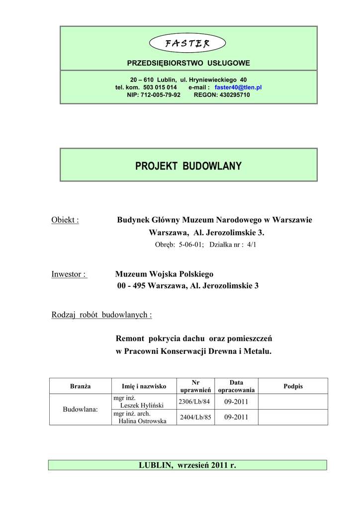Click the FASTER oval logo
pos(188,43)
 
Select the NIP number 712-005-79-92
pos(161,94)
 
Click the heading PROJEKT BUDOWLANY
pos(188,166)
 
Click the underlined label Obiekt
pos(65,220)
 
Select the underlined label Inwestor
pos(69,274)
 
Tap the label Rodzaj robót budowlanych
pos(101,315)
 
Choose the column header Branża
pos(81,386)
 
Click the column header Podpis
pos(293,386)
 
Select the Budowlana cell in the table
pos(81,409)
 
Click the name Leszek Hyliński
pos(142,405)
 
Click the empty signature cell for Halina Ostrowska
pos(293,418)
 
